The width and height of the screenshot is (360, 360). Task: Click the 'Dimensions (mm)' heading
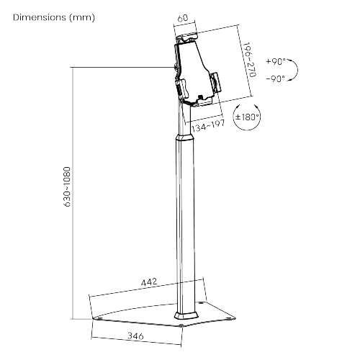tap(53, 17)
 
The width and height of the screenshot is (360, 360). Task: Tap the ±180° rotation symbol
tap(247, 116)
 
